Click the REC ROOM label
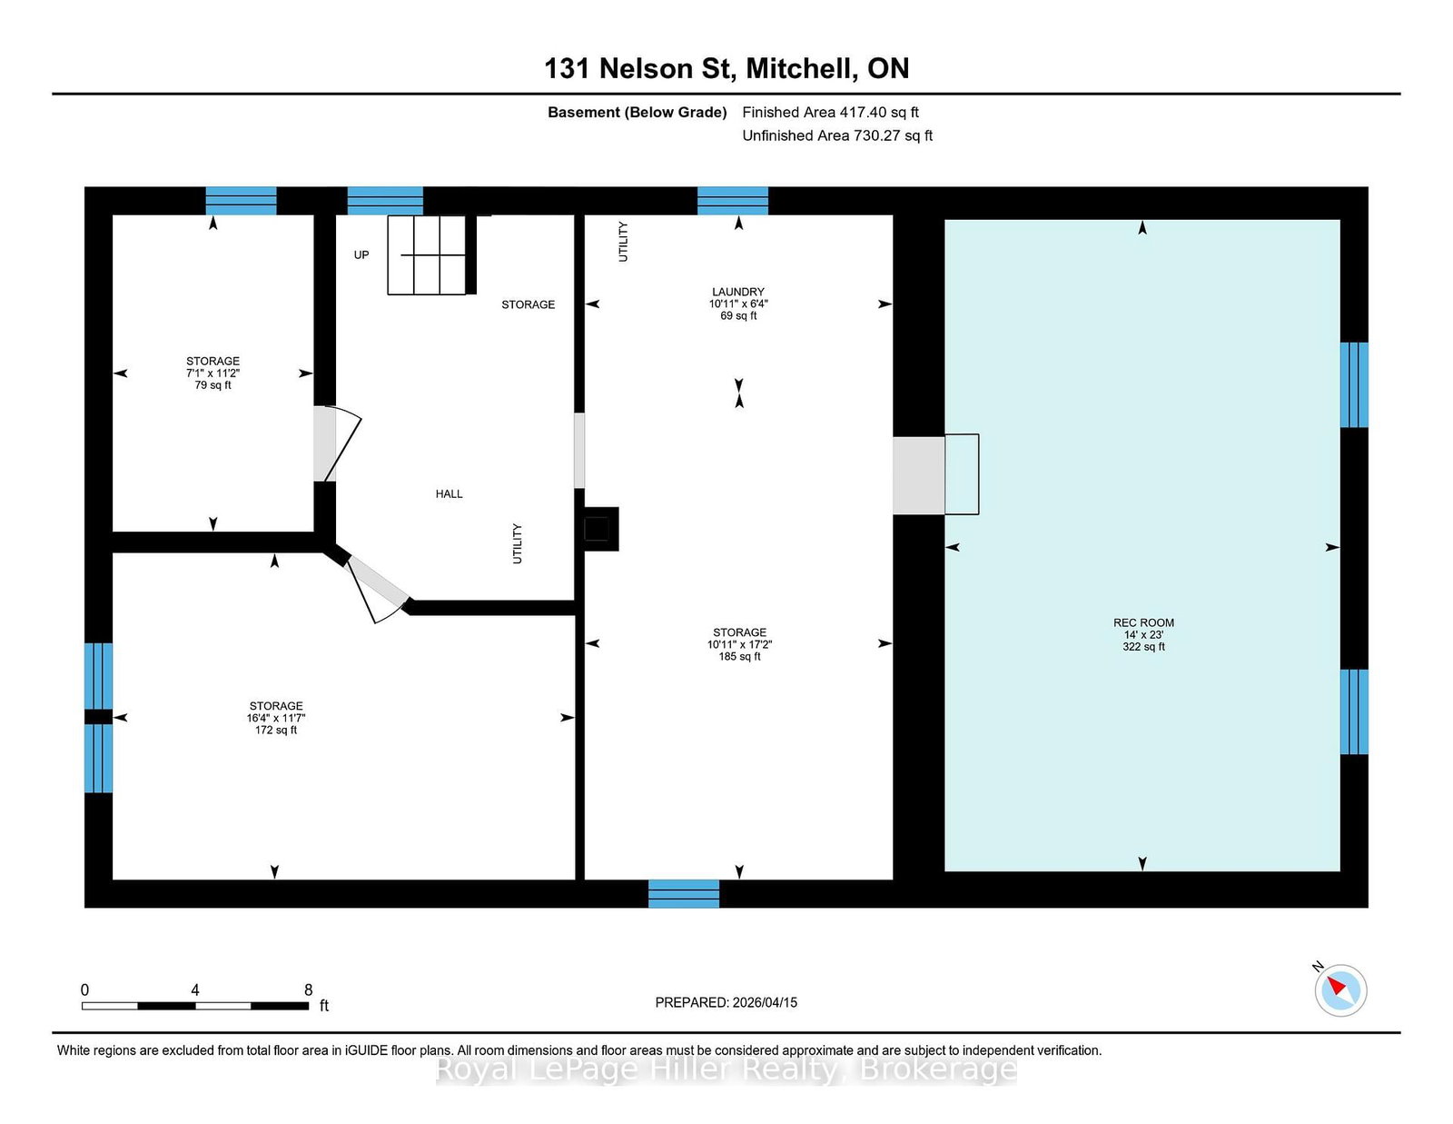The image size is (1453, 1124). tap(1143, 622)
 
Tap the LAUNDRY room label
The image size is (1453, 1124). tap(738, 292)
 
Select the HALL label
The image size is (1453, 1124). tap(450, 493)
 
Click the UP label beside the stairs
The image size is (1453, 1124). tap(361, 255)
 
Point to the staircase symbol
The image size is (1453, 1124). tap(432, 255)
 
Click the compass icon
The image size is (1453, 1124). tap(1340, 990)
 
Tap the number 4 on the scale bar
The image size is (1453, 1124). tap(195, 990)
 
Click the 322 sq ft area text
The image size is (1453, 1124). tap(1143, 646)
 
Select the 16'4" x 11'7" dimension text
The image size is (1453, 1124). tap(275, 718)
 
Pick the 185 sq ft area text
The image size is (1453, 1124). tap(739, 656)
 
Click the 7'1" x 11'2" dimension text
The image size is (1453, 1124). tap(213, 373)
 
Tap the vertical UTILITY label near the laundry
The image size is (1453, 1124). tap(623, 242)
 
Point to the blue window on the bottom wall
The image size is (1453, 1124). tap(684, 894)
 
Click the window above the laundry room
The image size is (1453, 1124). tap(732, 201)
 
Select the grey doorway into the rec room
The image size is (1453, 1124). tap(919, 476)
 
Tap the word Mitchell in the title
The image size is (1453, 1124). tap(802, 68)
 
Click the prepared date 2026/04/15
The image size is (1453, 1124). tap(765, 1002)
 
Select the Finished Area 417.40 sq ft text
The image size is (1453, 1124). tap(830, 113)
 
